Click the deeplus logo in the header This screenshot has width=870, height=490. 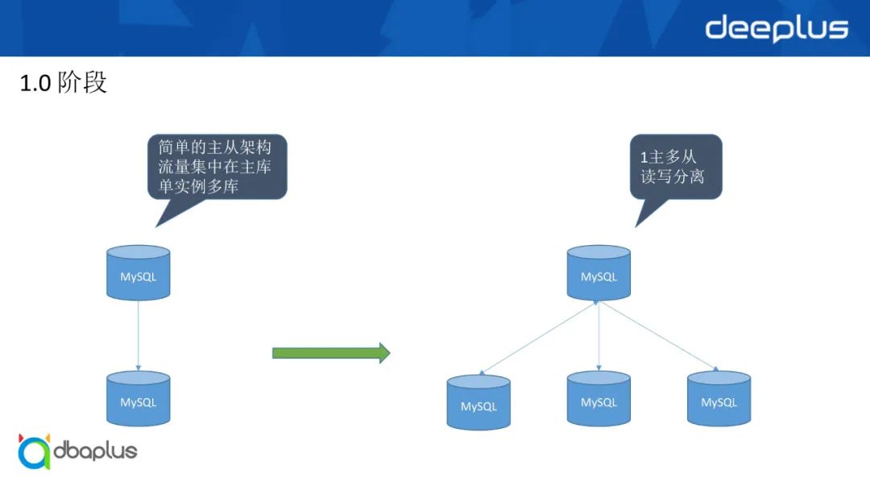777,28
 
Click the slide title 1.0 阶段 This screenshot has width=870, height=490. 63,82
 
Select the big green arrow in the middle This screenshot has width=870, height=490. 331,352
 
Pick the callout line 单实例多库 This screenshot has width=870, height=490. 199,188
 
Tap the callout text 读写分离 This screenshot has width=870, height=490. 673,176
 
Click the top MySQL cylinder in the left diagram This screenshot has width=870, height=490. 139,274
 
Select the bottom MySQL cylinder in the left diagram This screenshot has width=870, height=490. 139,400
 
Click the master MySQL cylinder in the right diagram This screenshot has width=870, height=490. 599,274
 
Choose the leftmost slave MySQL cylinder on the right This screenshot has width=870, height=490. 478,402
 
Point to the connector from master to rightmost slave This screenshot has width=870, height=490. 657,336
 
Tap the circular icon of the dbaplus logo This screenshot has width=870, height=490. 35,452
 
